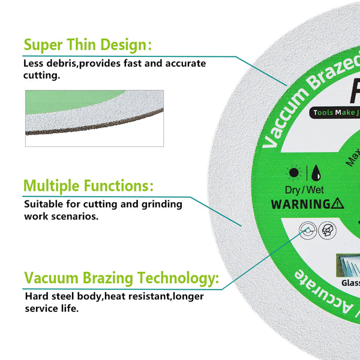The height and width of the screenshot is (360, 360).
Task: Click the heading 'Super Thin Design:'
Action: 87,45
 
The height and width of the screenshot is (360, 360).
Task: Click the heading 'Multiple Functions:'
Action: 88,185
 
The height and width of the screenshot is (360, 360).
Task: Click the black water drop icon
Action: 316,173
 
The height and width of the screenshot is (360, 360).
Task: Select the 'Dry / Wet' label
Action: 305,189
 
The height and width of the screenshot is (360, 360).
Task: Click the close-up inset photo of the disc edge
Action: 94,118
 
